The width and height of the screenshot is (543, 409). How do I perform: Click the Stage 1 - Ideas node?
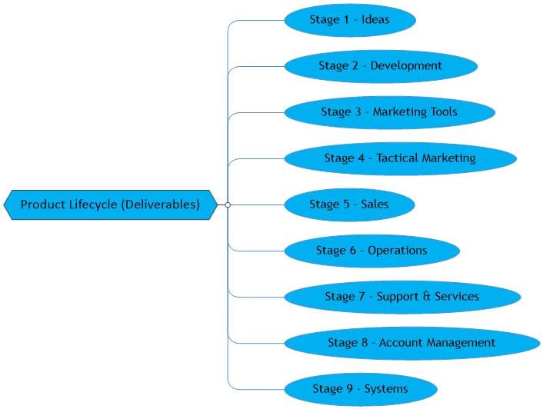(350, 20)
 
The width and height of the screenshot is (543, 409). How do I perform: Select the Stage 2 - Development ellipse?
(380, 66)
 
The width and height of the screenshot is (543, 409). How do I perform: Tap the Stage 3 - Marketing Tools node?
(389, 112)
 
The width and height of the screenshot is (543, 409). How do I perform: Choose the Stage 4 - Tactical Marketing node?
(400, 158)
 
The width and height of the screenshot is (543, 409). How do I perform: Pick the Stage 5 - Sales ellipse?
(349, 204)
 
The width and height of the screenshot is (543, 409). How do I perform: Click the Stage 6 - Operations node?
(371, 251)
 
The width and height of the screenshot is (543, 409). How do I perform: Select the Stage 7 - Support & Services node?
(401, 297)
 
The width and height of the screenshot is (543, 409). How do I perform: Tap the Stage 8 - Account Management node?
(411, 343)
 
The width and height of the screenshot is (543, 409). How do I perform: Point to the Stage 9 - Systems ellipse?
(360, 388)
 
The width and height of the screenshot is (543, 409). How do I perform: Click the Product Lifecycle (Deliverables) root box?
(110, 204)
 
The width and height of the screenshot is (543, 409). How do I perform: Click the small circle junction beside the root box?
(227, 204)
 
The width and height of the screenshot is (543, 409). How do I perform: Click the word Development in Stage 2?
(406, 66)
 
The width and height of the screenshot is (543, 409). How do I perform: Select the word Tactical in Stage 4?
(398, 158)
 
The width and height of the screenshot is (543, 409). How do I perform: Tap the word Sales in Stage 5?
(375, 204)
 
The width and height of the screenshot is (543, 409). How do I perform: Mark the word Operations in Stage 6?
(397, 251)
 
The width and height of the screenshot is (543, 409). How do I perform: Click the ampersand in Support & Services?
(425, 297)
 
